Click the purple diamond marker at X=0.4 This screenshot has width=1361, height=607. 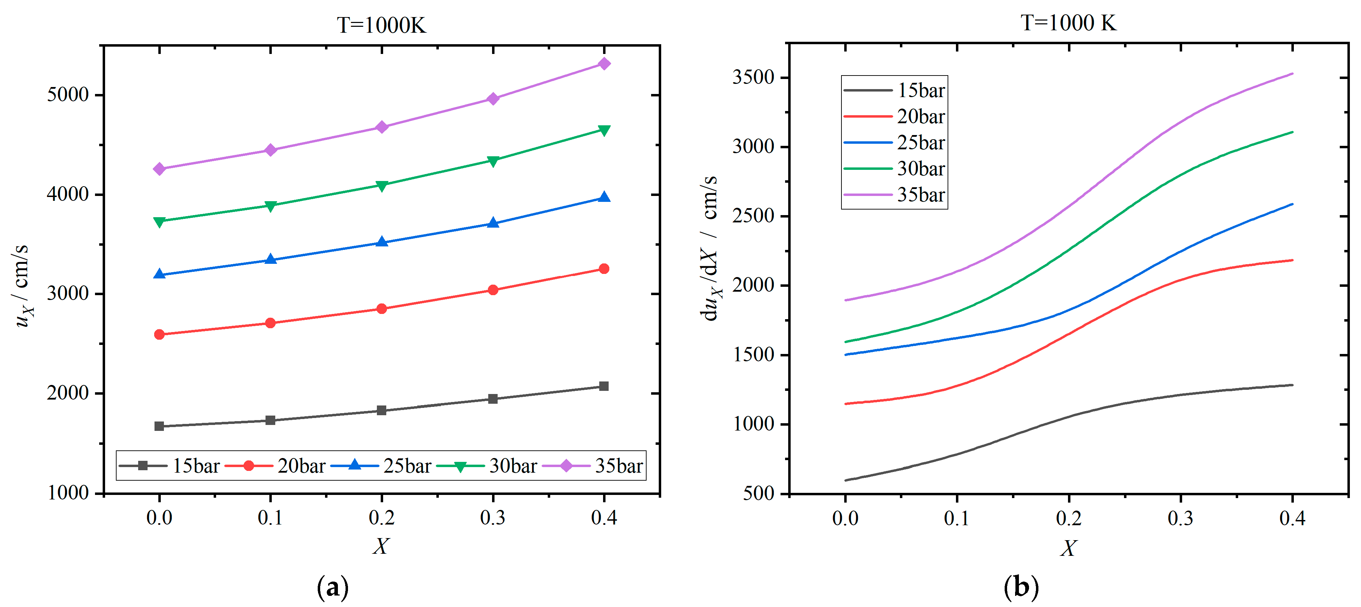coord(604,64)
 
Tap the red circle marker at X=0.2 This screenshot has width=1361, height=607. coord(381,308)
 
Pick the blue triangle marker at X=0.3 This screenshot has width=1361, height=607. coord(493,223)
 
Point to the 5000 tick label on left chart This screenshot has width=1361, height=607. coord(68,95)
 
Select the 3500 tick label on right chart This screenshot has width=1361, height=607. coord(753,77)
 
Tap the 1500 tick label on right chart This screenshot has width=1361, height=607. coord(753,354)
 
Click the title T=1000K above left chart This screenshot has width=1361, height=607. coord(381,25)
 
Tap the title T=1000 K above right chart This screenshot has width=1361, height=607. coord(1068,23)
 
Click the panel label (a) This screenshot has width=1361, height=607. coord(332,587)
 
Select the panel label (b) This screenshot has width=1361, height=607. coord(1021,587)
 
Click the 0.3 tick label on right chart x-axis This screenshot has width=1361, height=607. coord(1180,518)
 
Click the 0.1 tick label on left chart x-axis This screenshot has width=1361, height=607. coord(270,518)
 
